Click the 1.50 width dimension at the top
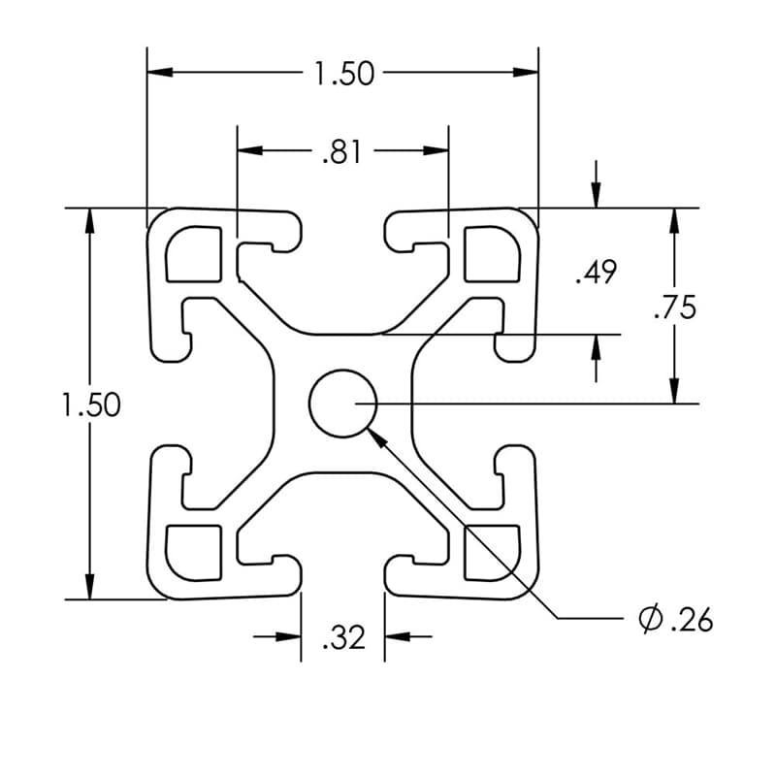click(x=342, y=74)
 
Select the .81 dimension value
click(x=341, y=151)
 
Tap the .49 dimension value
click(x=595, y=274)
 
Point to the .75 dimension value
click(x=674, y=307)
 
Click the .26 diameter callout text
click(x=690, y=619)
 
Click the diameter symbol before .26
click(x=650, y=618)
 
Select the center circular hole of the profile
click(x=342, y=404)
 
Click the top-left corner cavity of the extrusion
click(x=194, y=254)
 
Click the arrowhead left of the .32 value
click(x=288, y=636)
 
